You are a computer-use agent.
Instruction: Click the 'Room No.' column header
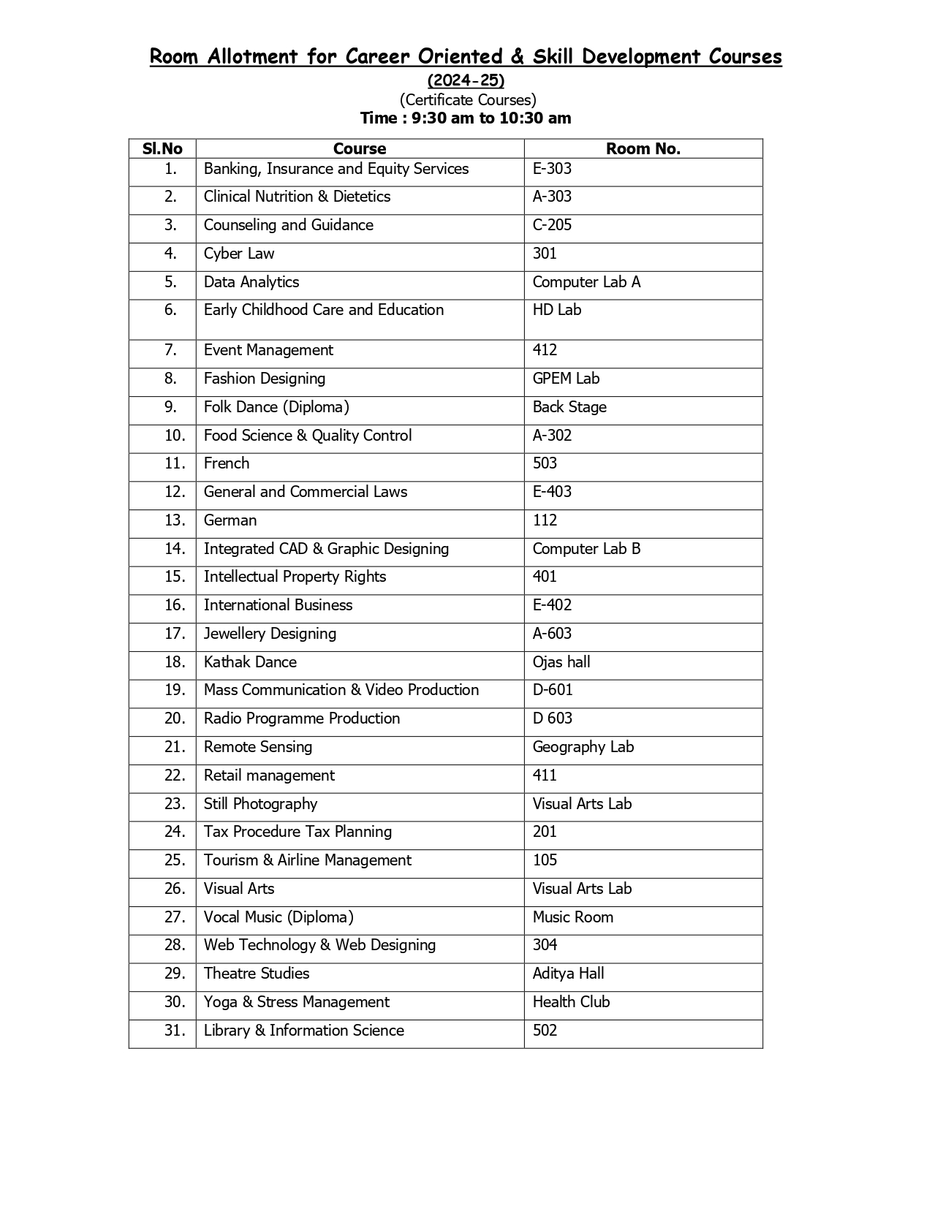pyautogui.click(x=643, y=149)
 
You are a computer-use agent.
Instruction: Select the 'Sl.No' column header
pyautogui.click(x=162, y=149)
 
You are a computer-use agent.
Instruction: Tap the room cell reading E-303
pyautogui.click(x=552, y=169)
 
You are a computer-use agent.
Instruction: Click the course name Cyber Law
pyautogui.click(x=239, y=254)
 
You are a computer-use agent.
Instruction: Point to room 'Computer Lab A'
pyautogui.click(x=586, y=282)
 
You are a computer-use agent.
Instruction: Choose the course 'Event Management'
pyautogui.click(x=268, y=350)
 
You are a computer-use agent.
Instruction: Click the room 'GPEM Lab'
pyautogui.click(x=566, y=379)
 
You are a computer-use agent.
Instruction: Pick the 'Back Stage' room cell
pyautogui.click(x=569, y=407)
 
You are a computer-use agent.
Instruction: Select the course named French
pyautogui.click(x=227, y=463)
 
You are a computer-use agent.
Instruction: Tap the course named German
pyautogui.click(x=230, y=520)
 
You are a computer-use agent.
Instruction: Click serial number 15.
pyautogui.click(x=175, y=577)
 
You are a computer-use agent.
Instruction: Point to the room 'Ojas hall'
pyautogui.click(x=561, y=662)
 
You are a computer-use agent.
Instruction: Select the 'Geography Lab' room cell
pyautogui.click(x=583, y=747)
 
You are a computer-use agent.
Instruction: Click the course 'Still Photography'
pyautogui.click(x=260, y=804)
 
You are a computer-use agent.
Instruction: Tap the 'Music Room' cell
pyautogui.click(x=573, y=917)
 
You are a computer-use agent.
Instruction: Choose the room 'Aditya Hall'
pyautogui.click(x=568, y=974)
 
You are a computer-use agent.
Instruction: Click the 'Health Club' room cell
pyautogui.click(x=571, y=1002)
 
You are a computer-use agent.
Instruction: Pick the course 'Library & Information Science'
pyautogui.click(x=303, y=1031)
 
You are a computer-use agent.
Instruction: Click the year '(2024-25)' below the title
pyautogui.click(x=466, y=80)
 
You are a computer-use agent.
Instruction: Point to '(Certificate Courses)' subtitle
pyautogui.click(x=468, y=99)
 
